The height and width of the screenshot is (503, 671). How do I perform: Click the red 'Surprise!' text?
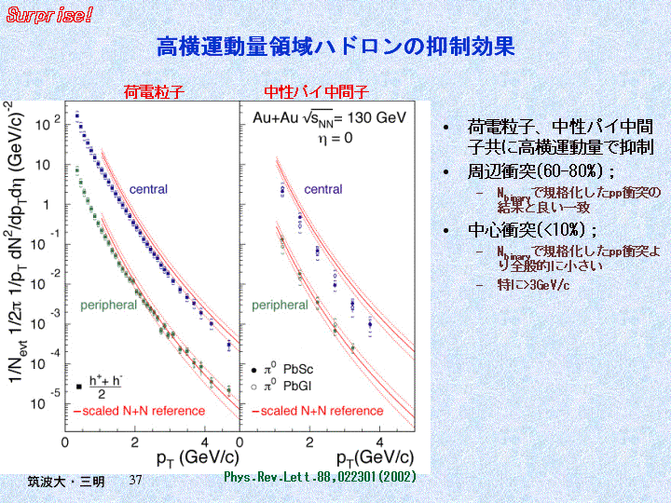50,15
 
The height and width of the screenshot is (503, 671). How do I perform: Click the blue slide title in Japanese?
335,47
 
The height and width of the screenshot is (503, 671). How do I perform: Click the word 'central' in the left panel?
148,190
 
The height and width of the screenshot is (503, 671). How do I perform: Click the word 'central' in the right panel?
323,190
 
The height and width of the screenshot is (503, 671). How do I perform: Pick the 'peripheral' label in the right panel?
280,305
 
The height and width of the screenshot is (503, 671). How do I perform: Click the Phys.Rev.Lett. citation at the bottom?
320,477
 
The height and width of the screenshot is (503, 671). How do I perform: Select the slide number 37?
135,480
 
